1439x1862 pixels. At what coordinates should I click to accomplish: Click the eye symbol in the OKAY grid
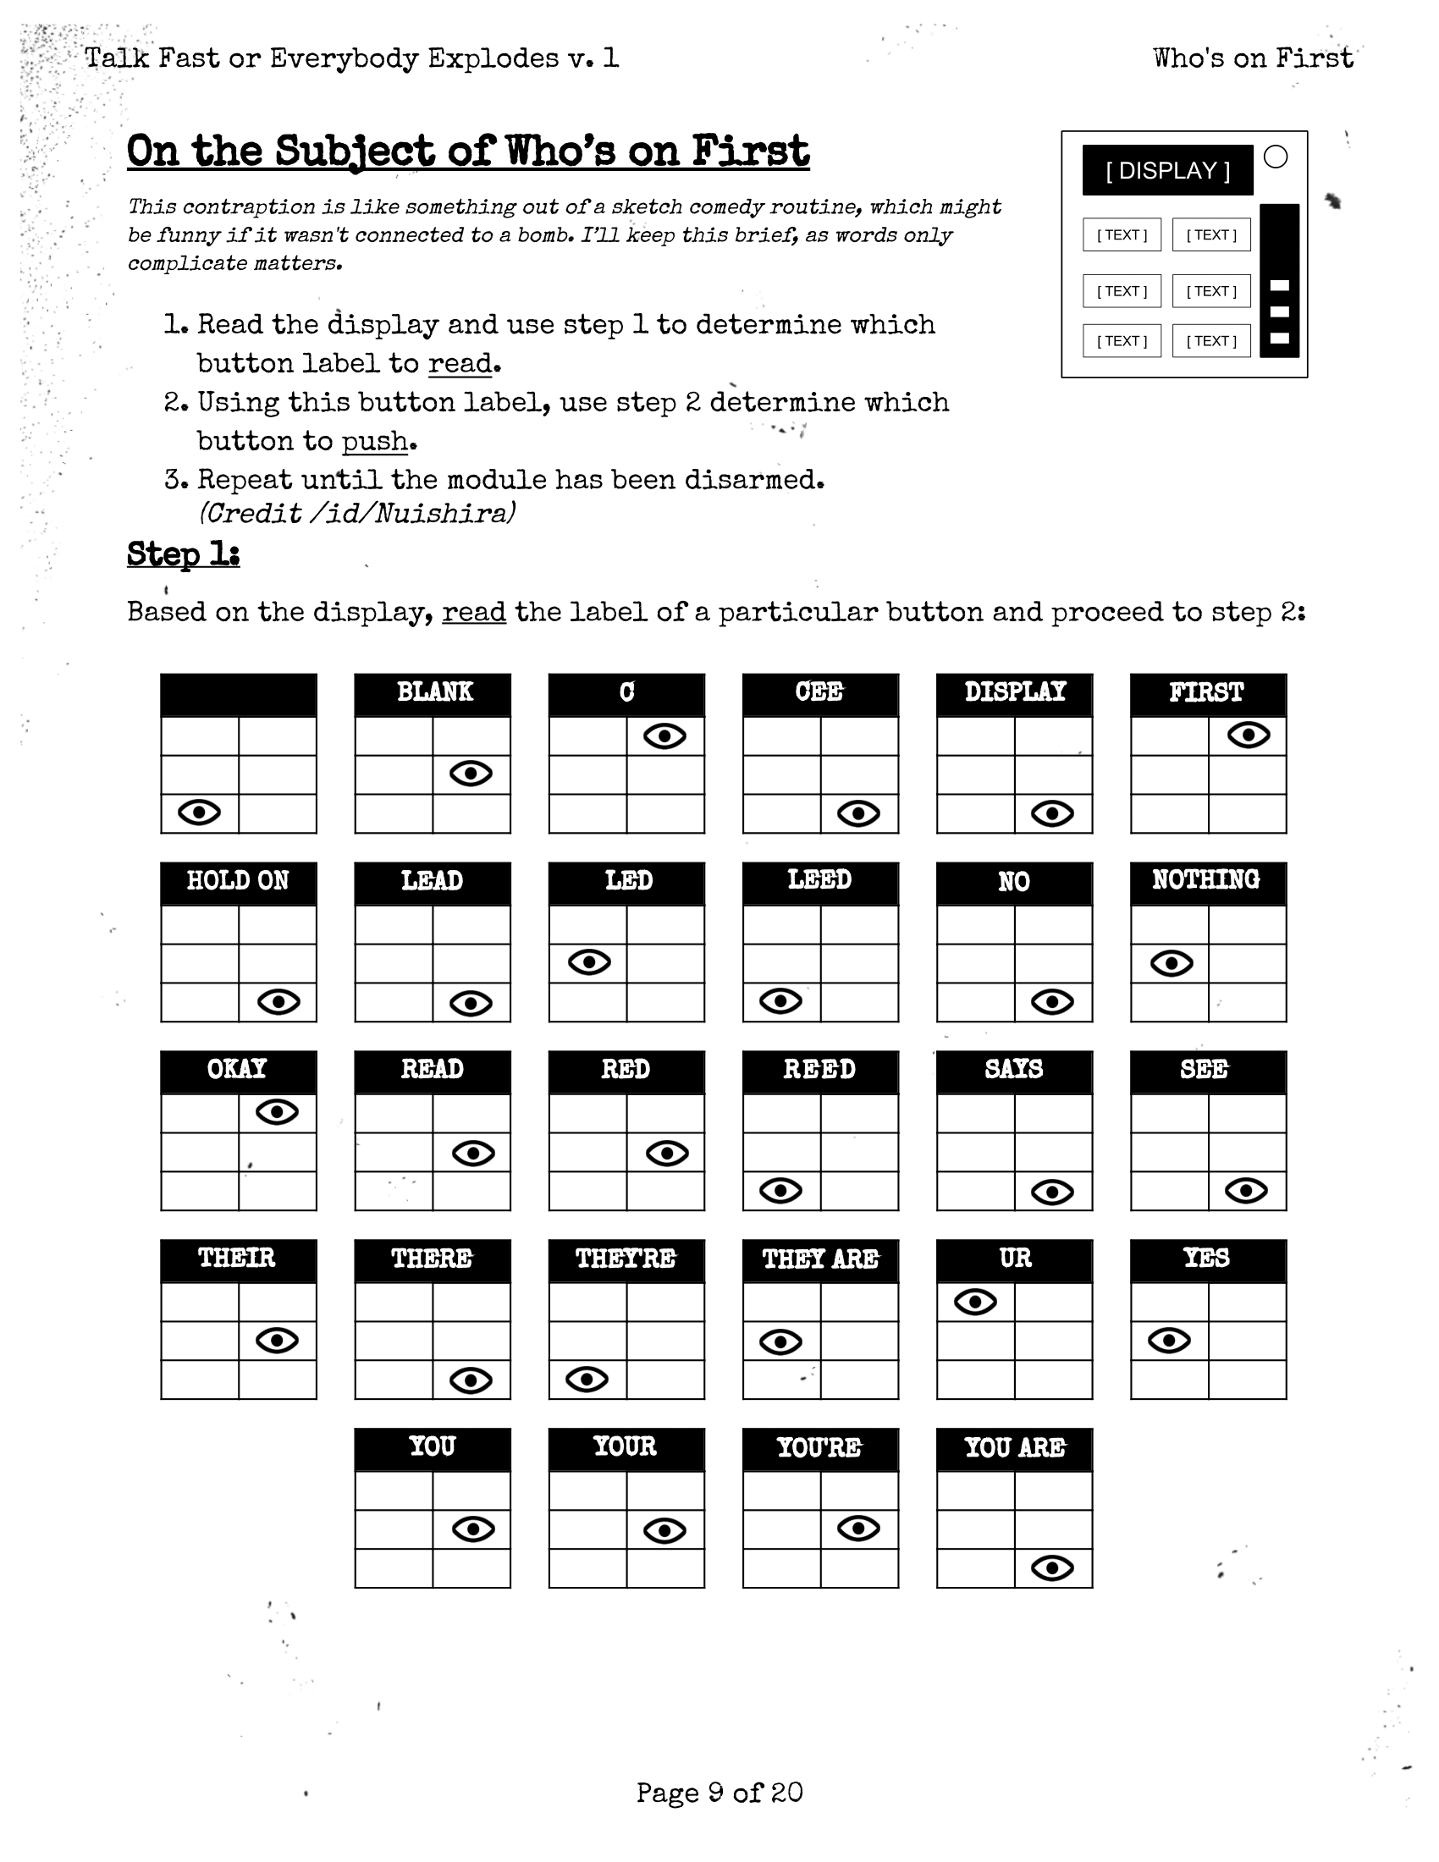[277, 1112]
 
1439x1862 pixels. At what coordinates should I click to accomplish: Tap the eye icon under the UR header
[975, 1302]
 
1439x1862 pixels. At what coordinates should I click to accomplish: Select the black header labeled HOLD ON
[238, 882]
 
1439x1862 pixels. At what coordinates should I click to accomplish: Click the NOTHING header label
[1206, 880]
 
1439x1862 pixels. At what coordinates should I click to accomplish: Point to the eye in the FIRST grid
[1249, 735]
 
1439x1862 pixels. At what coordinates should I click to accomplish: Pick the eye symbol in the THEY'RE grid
[587, 1380]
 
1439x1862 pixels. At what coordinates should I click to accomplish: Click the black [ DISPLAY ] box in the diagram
[1167, 170]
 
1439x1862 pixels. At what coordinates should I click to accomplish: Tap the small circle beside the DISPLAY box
[1276, 157]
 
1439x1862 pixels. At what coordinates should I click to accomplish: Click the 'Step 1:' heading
[184, 554]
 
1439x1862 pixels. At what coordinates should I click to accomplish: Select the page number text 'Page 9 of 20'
[719, 1792]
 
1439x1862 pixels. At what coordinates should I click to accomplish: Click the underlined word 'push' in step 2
[375, 441]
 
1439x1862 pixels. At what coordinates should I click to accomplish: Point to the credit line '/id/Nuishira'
[357, 513]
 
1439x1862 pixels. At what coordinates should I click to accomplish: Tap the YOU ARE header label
[1014, 1447]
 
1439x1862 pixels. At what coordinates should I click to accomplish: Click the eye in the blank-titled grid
[200, 813]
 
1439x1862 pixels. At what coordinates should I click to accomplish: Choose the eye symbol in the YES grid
[1170, 1341]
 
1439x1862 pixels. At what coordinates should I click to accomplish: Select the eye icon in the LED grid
[590, 962]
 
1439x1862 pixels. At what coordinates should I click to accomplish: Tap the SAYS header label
[1014, 1069]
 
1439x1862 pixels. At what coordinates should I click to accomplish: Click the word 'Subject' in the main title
[355, 151]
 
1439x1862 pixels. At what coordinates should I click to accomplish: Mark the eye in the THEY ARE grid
[781, 1342]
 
